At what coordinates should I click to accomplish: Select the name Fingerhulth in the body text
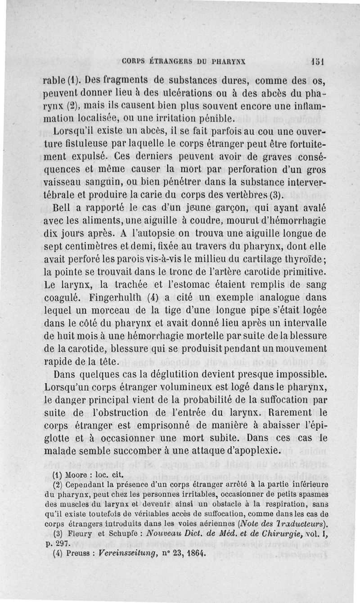coord(116,297)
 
